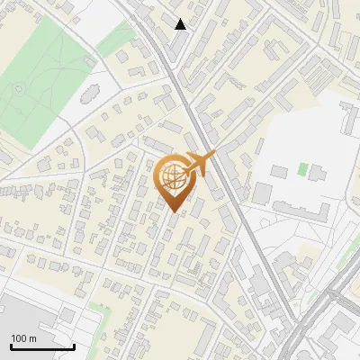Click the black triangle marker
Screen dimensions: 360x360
[181, 24]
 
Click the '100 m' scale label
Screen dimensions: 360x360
[23, 337]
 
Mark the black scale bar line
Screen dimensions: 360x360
[42, 346]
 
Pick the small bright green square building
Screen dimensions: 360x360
[302, 168]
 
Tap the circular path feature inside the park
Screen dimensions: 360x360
[20, 88]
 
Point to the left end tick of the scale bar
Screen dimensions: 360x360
[11, 345]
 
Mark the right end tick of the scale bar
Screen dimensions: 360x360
[74, 345]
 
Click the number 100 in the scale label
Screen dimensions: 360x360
[19, 337]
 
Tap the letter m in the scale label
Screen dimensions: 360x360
[32, 337]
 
